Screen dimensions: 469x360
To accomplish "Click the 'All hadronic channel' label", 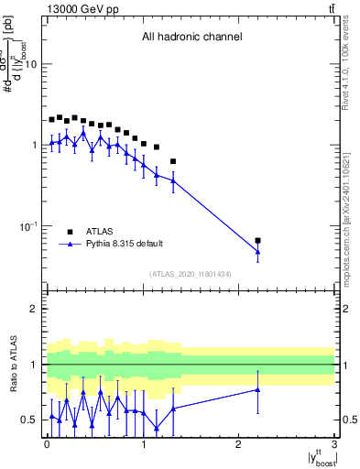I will coord(191,38).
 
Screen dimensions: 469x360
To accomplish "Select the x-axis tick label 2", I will coord(238,445).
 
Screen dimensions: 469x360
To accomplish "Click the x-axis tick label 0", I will coord(47,445).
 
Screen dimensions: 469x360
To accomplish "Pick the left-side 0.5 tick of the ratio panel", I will coord(30,420).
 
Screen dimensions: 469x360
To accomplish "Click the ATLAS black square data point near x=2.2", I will coord(258,241).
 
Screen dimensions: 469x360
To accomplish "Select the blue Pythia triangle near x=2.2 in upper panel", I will coord(258,252).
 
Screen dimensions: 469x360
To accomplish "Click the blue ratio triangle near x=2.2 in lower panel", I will coord(258,389).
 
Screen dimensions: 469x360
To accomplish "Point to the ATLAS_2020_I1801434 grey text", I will coord(191,274).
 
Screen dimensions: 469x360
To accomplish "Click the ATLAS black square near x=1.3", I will coord(173,161).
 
